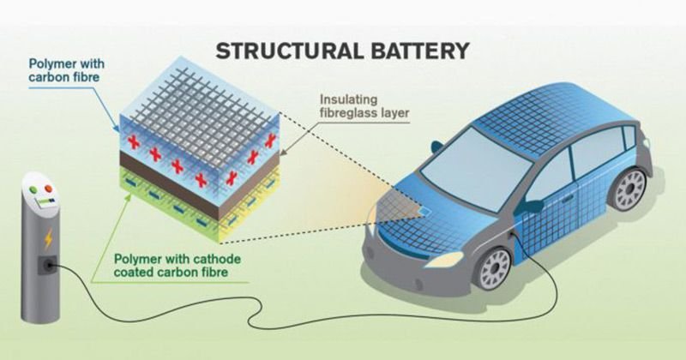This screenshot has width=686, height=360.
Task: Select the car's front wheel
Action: [496, 268]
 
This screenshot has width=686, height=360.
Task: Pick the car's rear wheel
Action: [631, 189]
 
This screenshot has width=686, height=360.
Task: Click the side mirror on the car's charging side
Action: [533, 207]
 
